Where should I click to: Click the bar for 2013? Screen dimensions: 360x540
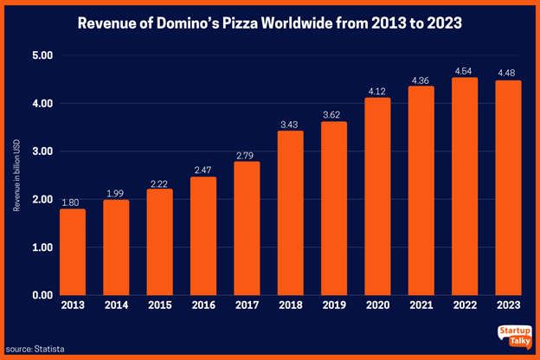pyautogui.click(x=73, y=252)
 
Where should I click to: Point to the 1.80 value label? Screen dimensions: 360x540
pyautogui.click(x=73, y=201)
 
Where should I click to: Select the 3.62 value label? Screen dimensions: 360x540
pyautogui.click(x=334, y=114)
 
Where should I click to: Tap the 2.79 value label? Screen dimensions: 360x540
pyautogui.click(x=247, y=154)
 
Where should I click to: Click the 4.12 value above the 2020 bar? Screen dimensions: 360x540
pyautogui.click(x=378, y=90)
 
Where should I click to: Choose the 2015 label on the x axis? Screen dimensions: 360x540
pyautogui.click(x=160, y=305)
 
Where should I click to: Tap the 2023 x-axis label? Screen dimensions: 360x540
pyautogui.click(x=509, y=305)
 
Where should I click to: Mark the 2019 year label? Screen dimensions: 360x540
pyautogui.click(x=334, y=305)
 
